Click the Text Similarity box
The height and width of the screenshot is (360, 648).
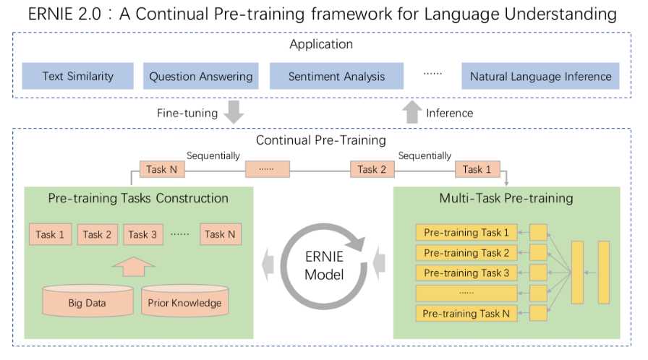pyautogui.click(x=77, y=76)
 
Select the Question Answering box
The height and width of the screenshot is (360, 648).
pyautogui.click(x=201, y=76)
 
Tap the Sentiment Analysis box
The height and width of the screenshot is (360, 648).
pyautogui.click(x=336, y=76)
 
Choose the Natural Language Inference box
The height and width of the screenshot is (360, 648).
pyautogui.click(x=540, y=76)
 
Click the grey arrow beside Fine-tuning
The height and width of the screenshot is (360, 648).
pyautogui.click(x=234, y=112)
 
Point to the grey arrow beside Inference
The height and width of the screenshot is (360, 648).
pyautogui.click(x=412, y=112)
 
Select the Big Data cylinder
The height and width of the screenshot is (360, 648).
pyautogui.click(x=88, y=301)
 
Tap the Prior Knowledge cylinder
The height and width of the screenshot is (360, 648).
pyautogui.click(x=184, y=301)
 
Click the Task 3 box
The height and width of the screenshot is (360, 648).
pyautogui.click(x=142, y=234)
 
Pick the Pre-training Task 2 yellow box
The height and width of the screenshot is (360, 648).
pyautogui.click(x=466, y=253)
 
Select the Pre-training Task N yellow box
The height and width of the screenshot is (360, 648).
pyautogui.click(x=466, y=314)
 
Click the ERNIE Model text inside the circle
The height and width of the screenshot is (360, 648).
pyautogui.click(x=324, y=265)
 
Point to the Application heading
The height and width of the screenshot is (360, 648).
pyautogui.click(x=321, y=44)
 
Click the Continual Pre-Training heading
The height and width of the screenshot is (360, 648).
pyautogui.click(x=321, y=140)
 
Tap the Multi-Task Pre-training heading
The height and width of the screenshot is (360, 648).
pyautogui.click(x=506, y=198)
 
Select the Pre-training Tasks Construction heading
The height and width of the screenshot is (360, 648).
pyautogui.click(x=138, y=198)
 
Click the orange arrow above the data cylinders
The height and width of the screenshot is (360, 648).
pyautogui.click(x=134, y=267)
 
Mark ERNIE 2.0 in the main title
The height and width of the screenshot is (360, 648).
pyautogui.click(x=64, y=14)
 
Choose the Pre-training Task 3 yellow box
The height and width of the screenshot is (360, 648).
pyautogui.click(x=466, y=273)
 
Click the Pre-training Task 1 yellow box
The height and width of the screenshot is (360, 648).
pyautogui.click(x=466, y=233)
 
